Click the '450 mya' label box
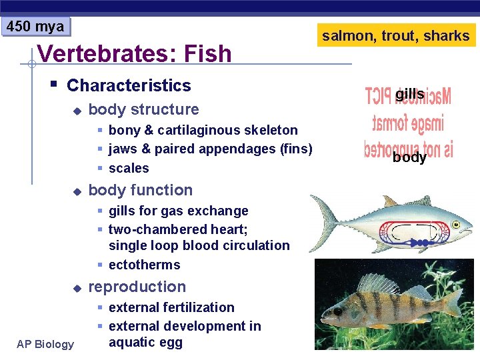click(35, 27)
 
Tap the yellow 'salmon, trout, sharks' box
click(396, 35)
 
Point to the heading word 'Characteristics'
click(129, 85)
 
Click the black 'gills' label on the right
click(409, 95)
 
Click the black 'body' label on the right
click(409, 157)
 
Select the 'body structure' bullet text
click(143, 109)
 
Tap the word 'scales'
click(129, 168)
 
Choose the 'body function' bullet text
click(140, 190)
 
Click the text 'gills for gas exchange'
click(178, 211)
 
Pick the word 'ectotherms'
click(144, 265)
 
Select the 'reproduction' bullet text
click(137, 287)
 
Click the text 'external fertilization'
click(171, 307)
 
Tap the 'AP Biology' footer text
click(46, 344)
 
